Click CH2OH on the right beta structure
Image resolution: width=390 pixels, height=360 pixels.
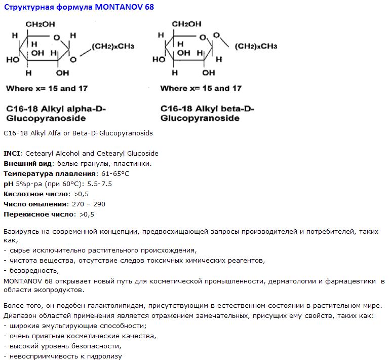187,24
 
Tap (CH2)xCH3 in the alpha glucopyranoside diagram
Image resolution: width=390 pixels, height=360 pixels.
113,47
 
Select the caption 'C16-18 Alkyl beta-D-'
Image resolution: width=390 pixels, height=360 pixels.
207,109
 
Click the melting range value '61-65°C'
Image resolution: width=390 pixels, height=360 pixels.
115,173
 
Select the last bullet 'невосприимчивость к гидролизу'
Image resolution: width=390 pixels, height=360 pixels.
64,356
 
